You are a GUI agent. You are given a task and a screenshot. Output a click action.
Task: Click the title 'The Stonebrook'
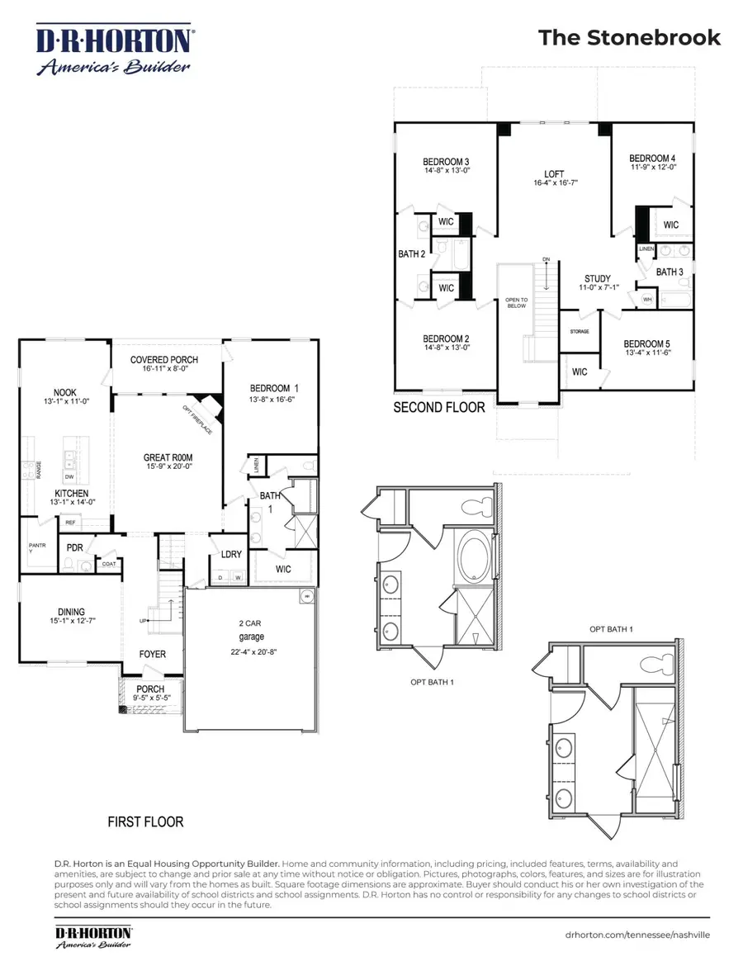pos(629,38)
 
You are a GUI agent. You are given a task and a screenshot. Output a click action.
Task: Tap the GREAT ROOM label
pos(168,457)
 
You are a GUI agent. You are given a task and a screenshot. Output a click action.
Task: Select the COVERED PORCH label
pos(164,360)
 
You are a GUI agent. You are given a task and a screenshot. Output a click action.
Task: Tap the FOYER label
pos(152,654)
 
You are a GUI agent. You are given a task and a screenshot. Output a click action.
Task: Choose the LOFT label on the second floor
pos(554,174)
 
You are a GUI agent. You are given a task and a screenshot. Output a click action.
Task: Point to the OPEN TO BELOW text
pos(516,302)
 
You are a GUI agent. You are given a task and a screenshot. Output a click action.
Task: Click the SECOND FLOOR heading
pos(439,407)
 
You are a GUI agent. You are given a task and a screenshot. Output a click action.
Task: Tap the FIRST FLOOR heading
pos(145,822)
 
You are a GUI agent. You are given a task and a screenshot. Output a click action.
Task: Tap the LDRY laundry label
pos(230,553)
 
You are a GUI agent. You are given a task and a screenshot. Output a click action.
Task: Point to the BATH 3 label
pos(670,272)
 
